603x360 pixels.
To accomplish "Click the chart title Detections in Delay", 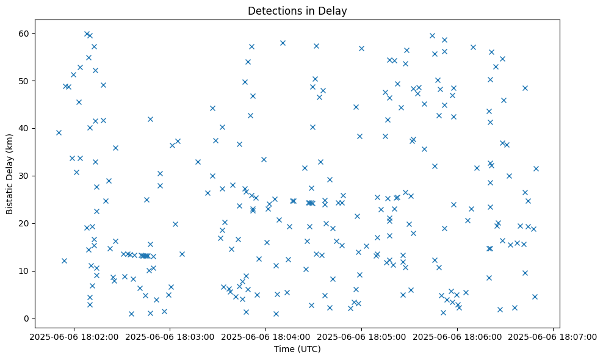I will click(297, 11).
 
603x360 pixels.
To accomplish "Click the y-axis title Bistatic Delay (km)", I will click(9, 173).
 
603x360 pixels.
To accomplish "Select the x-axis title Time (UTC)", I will click(297, 349).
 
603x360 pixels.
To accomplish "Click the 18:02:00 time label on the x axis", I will click(74, 336).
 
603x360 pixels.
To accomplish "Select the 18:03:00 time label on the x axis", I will click(170, 336).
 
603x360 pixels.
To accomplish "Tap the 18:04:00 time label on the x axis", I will click(265, 336).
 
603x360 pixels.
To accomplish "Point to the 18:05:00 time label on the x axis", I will click(361, 336).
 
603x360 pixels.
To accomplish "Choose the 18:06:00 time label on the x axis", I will click(457, 336).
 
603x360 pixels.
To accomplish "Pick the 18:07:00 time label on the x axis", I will click(553, 336).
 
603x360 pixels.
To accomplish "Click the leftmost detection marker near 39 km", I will click(59, 132).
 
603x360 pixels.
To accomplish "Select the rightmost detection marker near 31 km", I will click(536, 168).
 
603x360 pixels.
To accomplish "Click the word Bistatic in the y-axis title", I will click(9, 195).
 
